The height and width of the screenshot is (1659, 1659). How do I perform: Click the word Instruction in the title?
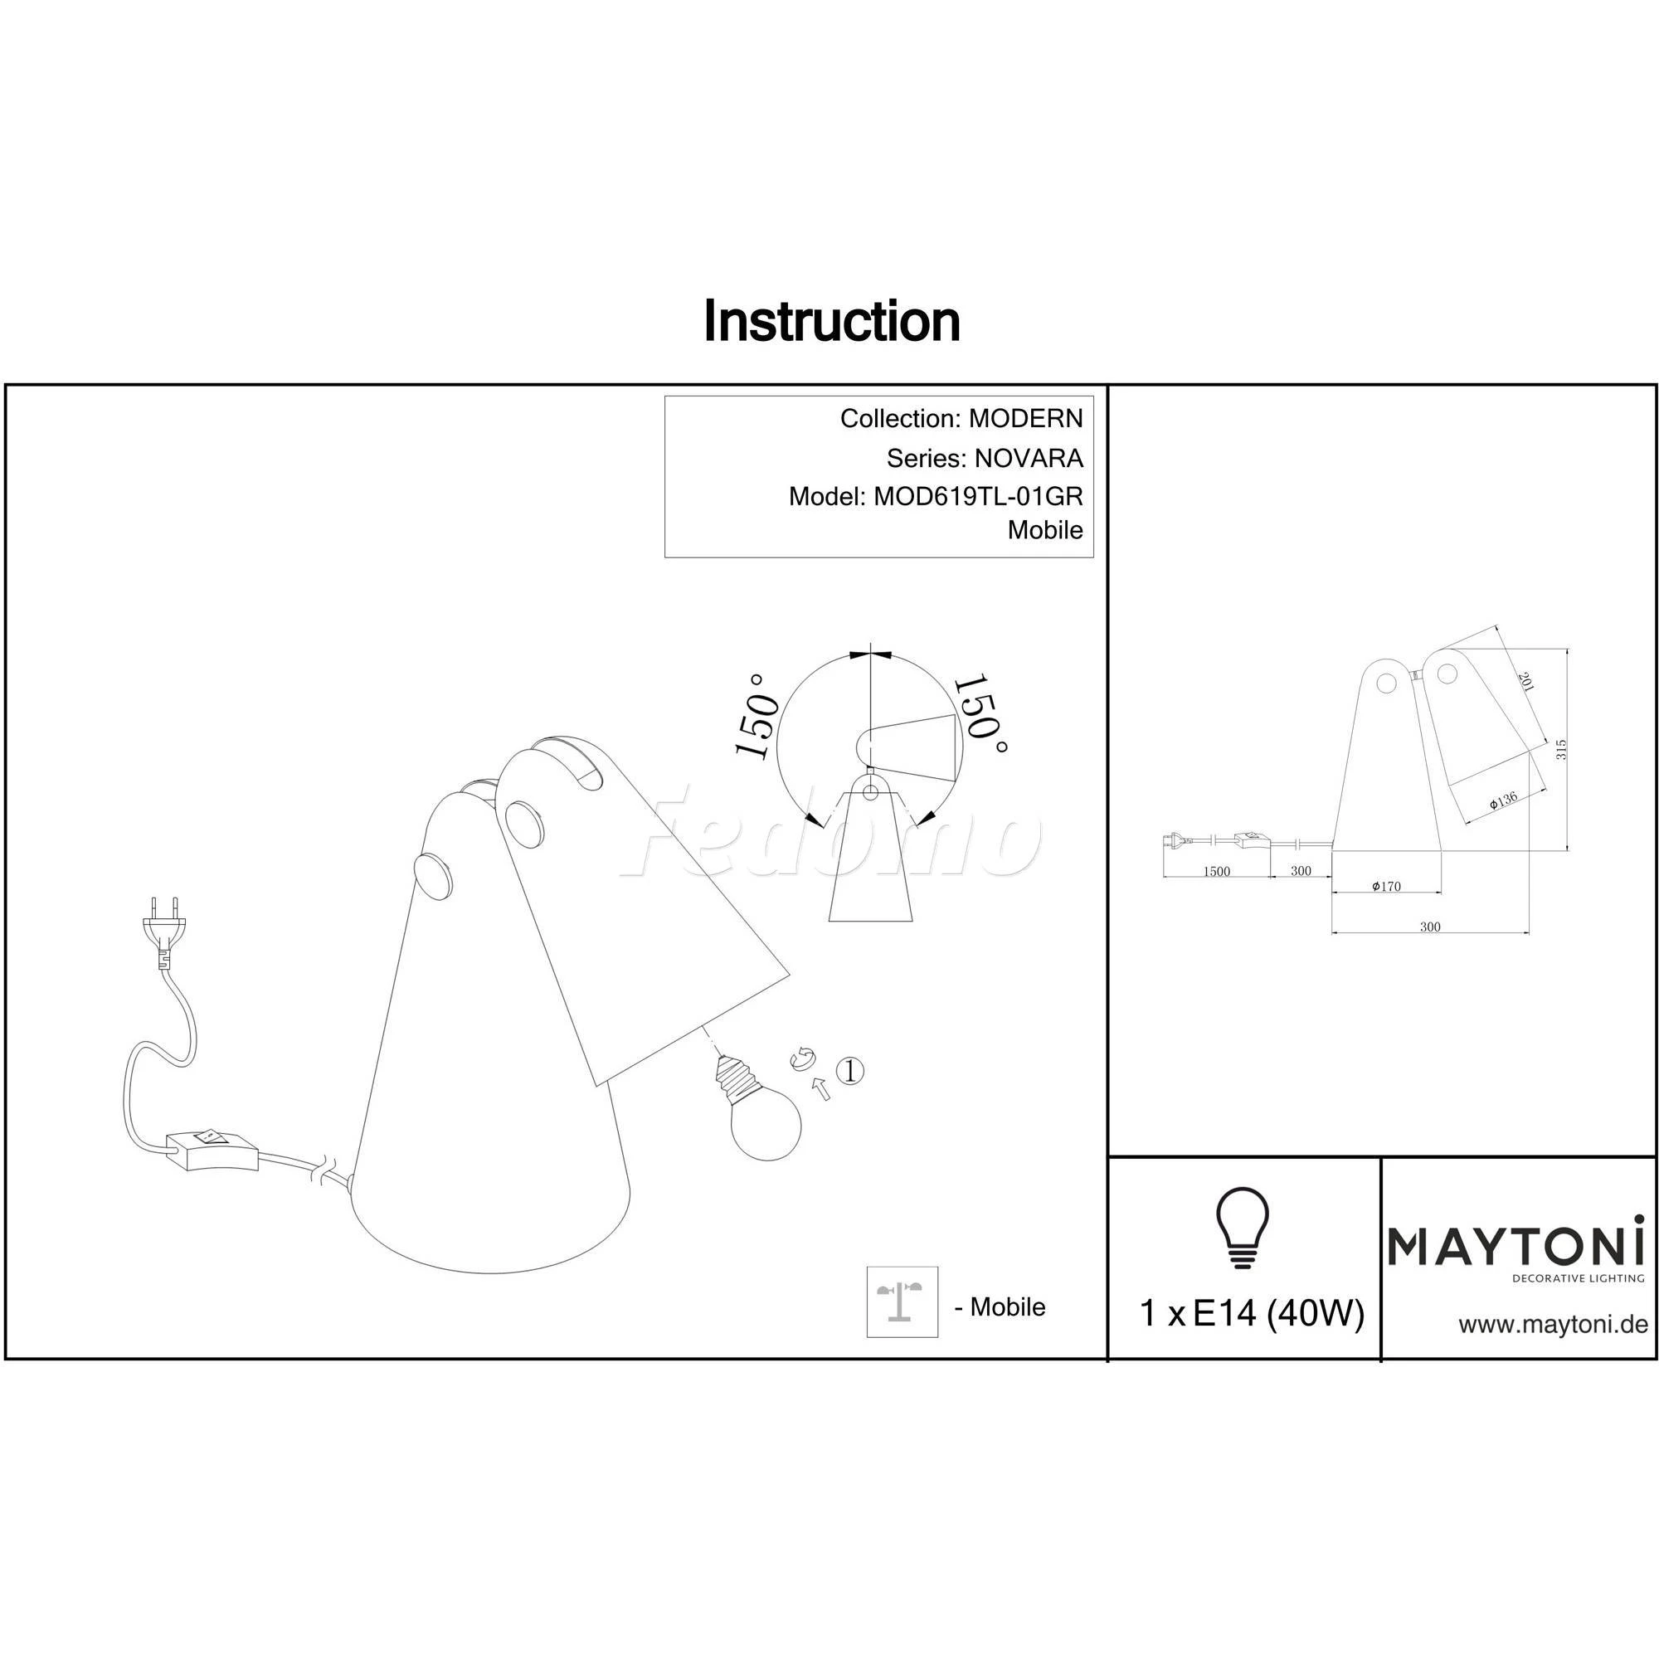(831, 321)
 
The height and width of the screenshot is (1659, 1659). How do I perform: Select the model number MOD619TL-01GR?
(978, 496)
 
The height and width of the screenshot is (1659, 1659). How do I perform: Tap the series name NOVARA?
(1029, 459)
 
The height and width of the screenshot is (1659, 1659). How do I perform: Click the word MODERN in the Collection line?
(1026, 418)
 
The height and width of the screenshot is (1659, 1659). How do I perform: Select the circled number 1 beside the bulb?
(849, 1071)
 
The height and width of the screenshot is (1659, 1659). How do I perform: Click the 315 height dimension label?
(1562, 750)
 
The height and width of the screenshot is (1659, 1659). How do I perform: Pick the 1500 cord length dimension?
(1217, 872)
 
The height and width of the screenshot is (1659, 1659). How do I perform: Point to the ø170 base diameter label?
(1386, 886)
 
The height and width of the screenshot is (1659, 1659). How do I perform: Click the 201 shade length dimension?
(1525, 683)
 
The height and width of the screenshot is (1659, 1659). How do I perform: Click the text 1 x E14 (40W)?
(1251, 1313)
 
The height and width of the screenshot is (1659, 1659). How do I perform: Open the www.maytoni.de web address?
(1554, 1325)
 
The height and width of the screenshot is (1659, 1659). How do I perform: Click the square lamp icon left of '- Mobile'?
(902, 1301)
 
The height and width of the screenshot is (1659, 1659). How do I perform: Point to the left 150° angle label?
(757, 717)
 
